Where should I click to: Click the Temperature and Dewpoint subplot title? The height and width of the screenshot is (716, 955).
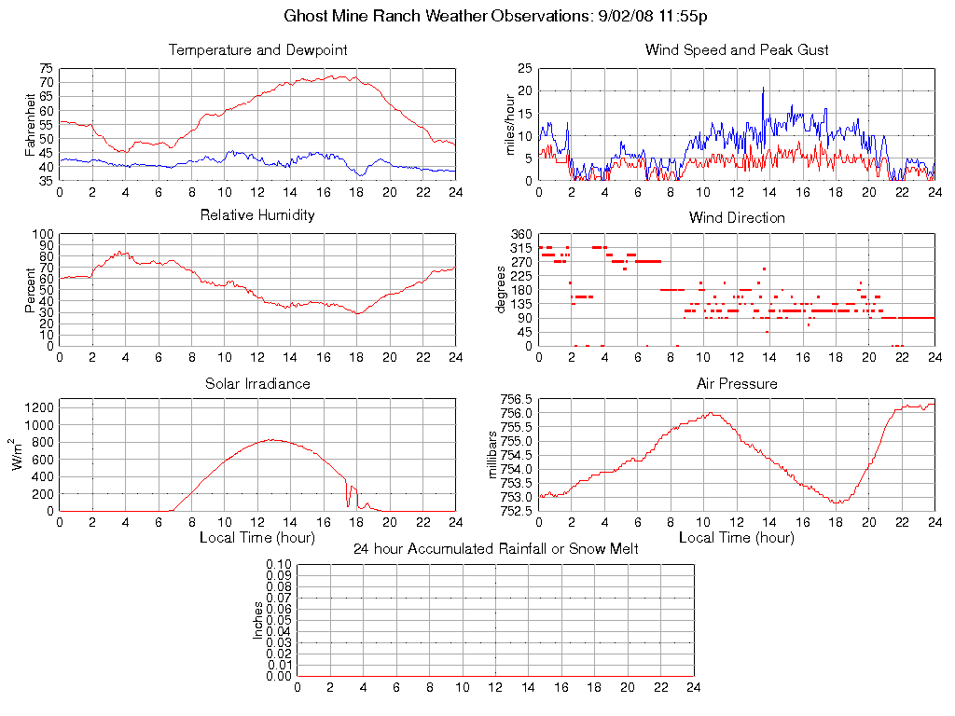(257, 49)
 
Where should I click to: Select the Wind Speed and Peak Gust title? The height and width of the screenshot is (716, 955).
(737, 49)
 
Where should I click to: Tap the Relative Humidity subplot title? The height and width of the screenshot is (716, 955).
(257, 215)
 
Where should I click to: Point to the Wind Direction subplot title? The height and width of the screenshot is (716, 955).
(737, 217)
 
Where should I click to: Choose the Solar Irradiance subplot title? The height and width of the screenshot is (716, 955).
(257, 383)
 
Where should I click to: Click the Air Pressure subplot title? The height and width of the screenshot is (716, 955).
(737, 383)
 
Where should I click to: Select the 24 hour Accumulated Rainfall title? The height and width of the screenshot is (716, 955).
(495, 549)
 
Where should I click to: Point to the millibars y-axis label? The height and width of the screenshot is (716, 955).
(494, 456)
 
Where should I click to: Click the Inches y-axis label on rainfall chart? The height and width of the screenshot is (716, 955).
(258, 620)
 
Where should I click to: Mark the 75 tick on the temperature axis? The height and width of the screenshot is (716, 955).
(46, 69)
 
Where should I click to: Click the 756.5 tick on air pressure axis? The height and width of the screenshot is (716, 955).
(516, 399)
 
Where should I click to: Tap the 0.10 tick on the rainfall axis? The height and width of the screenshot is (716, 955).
(279, 564)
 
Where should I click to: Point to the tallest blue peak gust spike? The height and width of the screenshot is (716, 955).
(763, 89)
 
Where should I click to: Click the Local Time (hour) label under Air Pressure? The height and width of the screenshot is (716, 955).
(737, 538)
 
